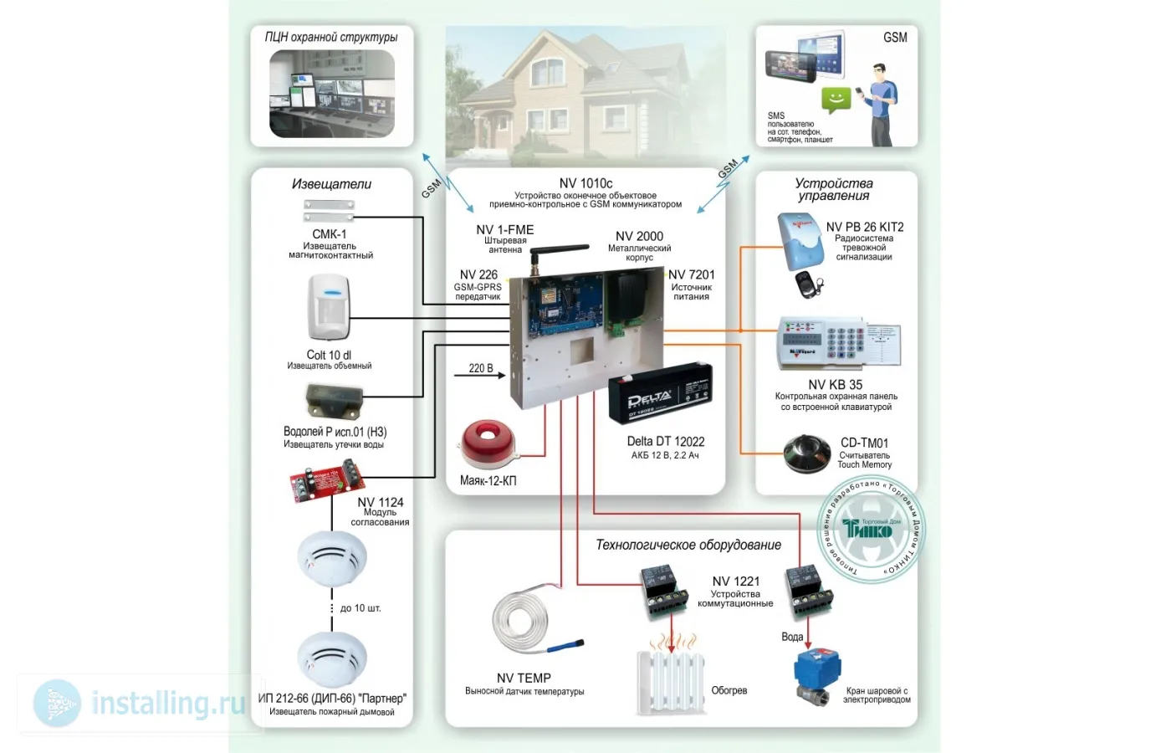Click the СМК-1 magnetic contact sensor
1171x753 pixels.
pyautogui.click(x=329, y=210)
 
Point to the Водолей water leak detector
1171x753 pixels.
pyautogui.click(x=333, y=402)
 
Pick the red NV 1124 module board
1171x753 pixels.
pyautogui.click(x=314, y=484)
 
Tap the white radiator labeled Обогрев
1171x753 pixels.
pyautogui.click(x=669, y=679)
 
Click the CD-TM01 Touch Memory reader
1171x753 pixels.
pyautogui.click(x=805, y=453)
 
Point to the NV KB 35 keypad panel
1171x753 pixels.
pyautogui.click(x=837, y=343)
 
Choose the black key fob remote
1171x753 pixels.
pyautogui.click(x=810, y=284)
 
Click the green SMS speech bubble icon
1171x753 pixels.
pyautogui.click(x=836, y=100)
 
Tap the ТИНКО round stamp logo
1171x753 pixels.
pyautogui.click(x=870, y=529)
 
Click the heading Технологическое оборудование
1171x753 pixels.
pyautogui.click(x=688, y=545)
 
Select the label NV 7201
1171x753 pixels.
pyautogui.click(x=691, y=274)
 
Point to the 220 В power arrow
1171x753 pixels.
pyautogui.click(x=480, y=373)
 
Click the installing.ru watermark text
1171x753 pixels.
pyautogui.click(x=167, y=703)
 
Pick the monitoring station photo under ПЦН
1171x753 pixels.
pyautogui.click(x=332, y=94)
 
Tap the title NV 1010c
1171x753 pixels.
pyautogui.click(x=585, y=183)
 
